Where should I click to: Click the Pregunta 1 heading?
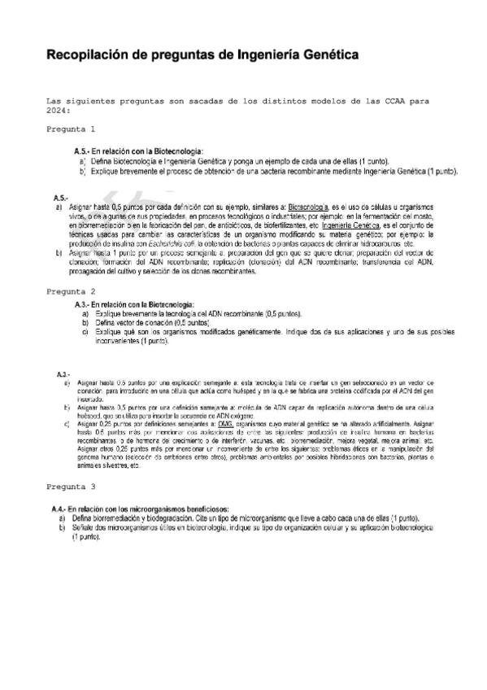pyautogui.click(x=71, y=129)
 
